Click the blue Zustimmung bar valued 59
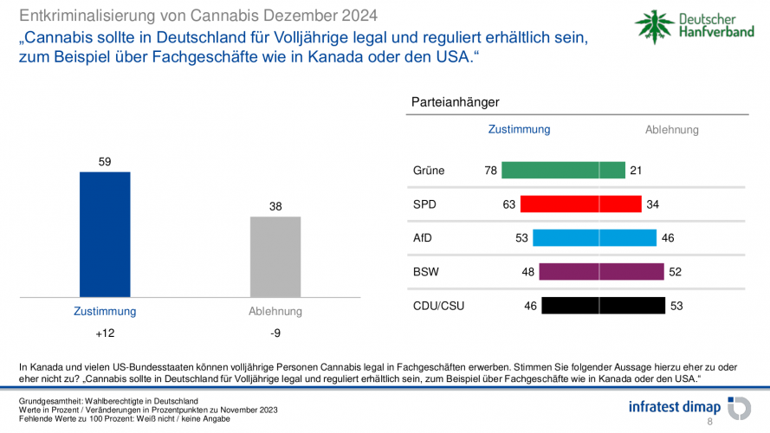coord(105,234)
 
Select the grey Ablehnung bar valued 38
coord(275,256)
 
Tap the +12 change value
coord(105,333)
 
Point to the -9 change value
coord(275,333)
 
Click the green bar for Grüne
coord(563,171)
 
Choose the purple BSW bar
coord(600,272)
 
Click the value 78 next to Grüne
coord(490,171)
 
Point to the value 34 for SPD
coord(653,204)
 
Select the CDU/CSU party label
coord(438,306)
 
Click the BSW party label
coord(426,272)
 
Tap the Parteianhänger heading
coord(455,102)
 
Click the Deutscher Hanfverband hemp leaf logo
coord(653,29)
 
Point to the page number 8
coord(710,422)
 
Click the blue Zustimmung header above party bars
coord(519,129)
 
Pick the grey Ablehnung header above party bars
coord(671,130)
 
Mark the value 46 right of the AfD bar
coord(667,238)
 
